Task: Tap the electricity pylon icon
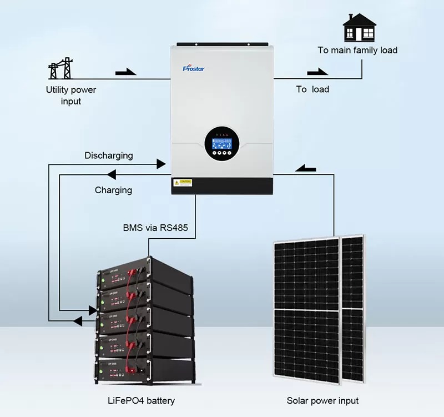pyautogui.click(x=60, y=70)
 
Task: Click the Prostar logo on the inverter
pyautogui.click(x=194, y=68)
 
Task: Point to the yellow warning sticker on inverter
pyautogui.click(x=183, y=182)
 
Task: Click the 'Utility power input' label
pyautogui.click(x=70, y=96)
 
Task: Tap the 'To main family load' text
pyautogui.click(x=357, y=50)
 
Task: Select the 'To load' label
pyautogui.click(x=312, y=89)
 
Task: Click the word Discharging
pyautogui.click(x=109, y=155)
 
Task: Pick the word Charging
pyautogui.click(x=113, y=190)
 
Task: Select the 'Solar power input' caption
pyautogui.click(x=322, y=400)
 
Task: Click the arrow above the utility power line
pyautogui.click(x=125, y=72)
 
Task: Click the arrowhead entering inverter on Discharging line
pyautogui.click(x=162, y=164)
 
